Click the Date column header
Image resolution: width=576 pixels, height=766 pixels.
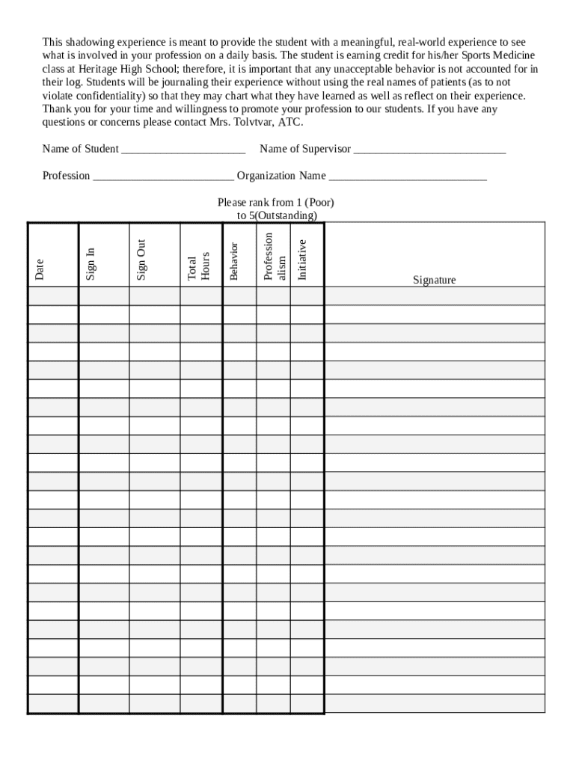pyautogui.click(x=40, y=269)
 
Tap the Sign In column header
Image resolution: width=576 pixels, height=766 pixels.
pyautogui.click(x=91, y=263)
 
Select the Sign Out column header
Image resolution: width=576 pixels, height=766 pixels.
pyautogui.click(x=141, y=260)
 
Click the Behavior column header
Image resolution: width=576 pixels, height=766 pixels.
pyautogui.click(x=233, y=261)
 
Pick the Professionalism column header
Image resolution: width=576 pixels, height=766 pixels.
pyautogui.click(x=275, y=256)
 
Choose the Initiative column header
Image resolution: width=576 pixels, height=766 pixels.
pyautogui.click(x=302, y=260)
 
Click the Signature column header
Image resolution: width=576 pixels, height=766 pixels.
pyautogui.click(x=434, y=281)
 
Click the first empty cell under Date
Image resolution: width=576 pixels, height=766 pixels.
pyautogui.click(x=53, y=296)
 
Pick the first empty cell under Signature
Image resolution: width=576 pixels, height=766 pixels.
pyautogui.click(x=434, y=296)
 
